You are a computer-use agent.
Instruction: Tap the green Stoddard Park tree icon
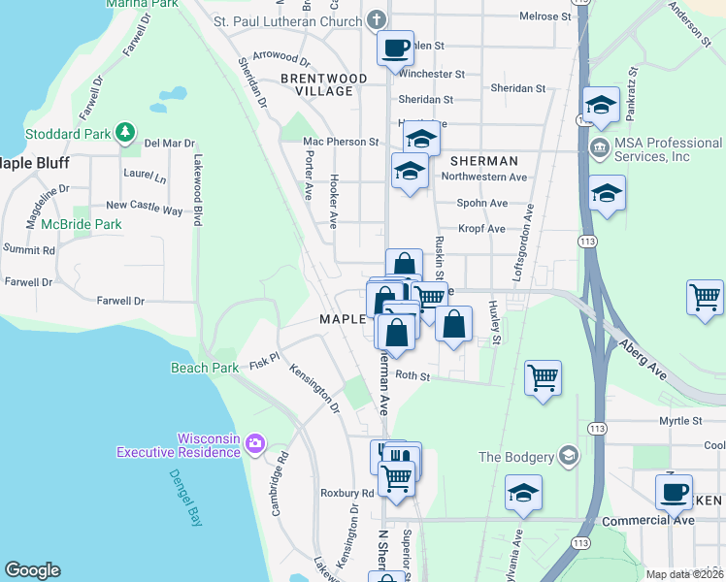(124, 132)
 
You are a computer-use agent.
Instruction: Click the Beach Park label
(205, 368)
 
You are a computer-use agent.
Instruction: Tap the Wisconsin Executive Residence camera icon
(255, 444)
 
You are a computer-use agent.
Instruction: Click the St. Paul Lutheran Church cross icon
(377, 19)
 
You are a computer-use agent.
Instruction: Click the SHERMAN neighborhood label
(483, 160)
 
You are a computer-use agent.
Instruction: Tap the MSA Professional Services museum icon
(599, 149)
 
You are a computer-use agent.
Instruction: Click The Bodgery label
(515, 457)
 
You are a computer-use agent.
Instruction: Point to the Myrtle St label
(680, 421)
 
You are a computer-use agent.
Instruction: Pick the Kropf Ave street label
(482, 229)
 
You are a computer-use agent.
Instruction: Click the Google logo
(33, 570)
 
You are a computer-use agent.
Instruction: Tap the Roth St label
(412, 376)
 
